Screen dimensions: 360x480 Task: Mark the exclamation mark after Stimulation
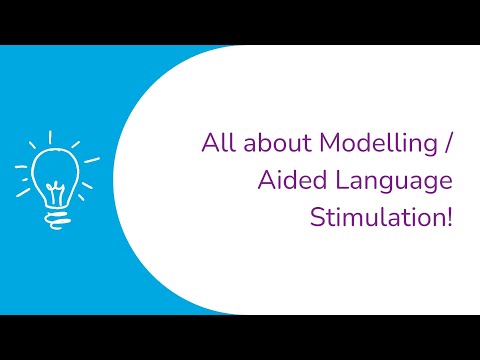[449, 217]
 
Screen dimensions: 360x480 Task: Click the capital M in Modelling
[327, 144]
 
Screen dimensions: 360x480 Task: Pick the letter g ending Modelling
[429, 148]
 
